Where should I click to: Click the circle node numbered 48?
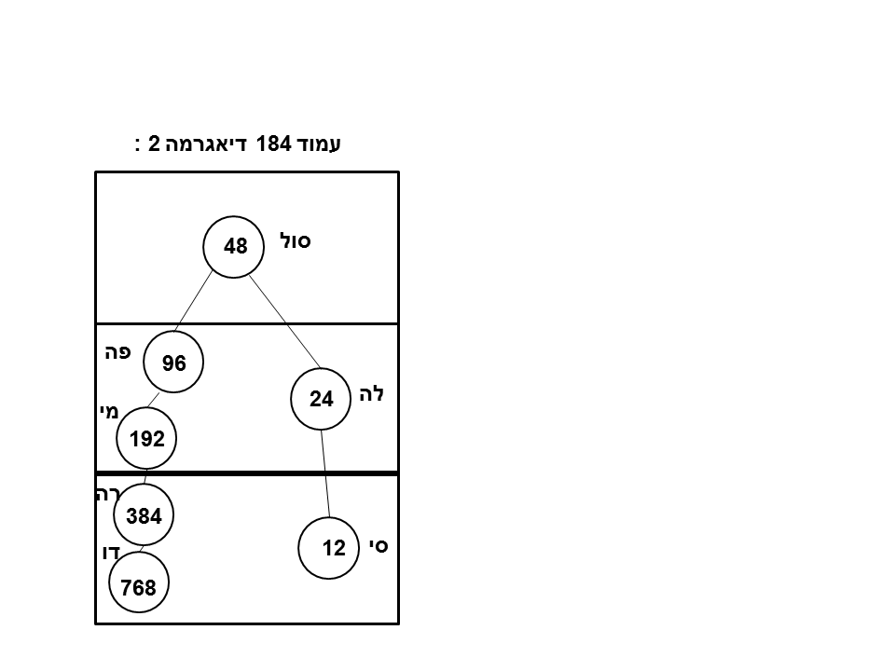coord(234,247)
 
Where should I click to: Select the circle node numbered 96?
coord(174,363)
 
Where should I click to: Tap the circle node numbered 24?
coord(321,400)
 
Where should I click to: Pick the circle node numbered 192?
coord(147,439)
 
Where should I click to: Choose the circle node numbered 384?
coord(144,515)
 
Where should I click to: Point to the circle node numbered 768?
coord(139,587)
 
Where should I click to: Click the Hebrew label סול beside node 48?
coord(296,240)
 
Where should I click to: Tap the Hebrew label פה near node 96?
coord(117,352)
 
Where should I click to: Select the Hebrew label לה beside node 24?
coord(372,394)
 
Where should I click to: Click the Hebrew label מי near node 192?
coord(107,410)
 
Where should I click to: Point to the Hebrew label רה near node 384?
coord(103,495)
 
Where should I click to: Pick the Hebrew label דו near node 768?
coord(111,553)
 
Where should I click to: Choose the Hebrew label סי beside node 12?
coord(378,546)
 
